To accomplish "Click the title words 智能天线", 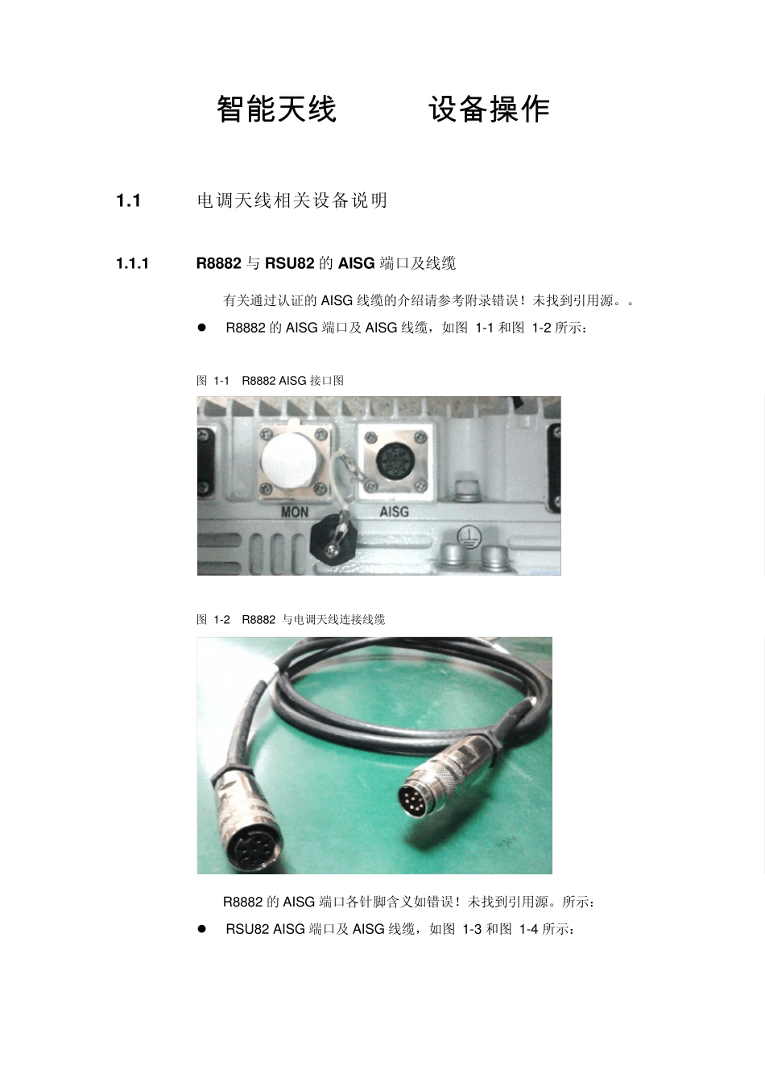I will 276,109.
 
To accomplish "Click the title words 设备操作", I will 489,109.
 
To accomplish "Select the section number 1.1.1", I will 132,263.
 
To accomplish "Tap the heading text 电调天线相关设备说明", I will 292,200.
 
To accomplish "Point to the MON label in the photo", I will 294,512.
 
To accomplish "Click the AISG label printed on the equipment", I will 394,511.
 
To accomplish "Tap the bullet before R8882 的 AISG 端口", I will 202,328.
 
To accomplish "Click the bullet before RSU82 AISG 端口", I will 202,929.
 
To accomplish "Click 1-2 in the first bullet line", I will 541,328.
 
